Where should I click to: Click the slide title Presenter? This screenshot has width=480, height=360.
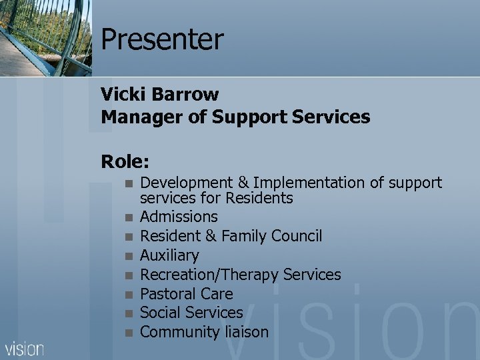click(x=162, y=40)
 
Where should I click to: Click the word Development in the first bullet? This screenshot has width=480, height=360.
click(x=188, y=183)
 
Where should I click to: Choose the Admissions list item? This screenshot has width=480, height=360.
click(x=179, y=217)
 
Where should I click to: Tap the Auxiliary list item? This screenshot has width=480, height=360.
click(x=169, y=255)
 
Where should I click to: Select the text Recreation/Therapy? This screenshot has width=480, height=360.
click(x=209, y=275)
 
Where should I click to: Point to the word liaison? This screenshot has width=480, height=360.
click(x=244, y=332)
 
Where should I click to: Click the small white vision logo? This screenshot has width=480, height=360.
click(x=25, y=349)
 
